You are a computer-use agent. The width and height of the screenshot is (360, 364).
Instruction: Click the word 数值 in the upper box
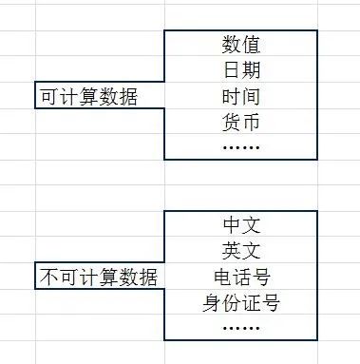click(241, 44)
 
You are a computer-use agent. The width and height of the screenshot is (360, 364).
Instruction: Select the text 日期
click(241, 70)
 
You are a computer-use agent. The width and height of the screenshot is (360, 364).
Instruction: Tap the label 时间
click(241, 96)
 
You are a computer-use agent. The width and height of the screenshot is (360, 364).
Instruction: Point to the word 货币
click(241, 122)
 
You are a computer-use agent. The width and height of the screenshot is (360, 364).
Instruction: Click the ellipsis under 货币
click(241, 147)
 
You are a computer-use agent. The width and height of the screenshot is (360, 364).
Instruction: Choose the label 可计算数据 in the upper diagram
click(88, 97)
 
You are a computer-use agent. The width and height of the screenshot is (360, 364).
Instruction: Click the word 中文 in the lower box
click(241, 225)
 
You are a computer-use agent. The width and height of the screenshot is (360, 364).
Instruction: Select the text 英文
click(241, 251)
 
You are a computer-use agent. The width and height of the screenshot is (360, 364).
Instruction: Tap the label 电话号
click(241, 278)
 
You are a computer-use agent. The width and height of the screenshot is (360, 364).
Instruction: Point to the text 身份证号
click(241, 303)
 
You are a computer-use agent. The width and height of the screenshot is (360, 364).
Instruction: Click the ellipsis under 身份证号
click(241, 328)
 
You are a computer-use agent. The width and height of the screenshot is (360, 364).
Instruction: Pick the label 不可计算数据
click(98, 278)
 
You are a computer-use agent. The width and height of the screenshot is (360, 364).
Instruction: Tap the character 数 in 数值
click(231, 44)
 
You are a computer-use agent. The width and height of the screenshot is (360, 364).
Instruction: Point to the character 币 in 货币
click(252, 122)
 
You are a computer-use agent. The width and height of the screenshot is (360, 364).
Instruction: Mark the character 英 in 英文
click(231, 251)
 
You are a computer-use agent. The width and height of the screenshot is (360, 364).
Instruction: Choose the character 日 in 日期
click(231, 70)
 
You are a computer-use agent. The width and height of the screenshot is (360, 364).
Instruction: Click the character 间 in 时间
click(252, 96)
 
